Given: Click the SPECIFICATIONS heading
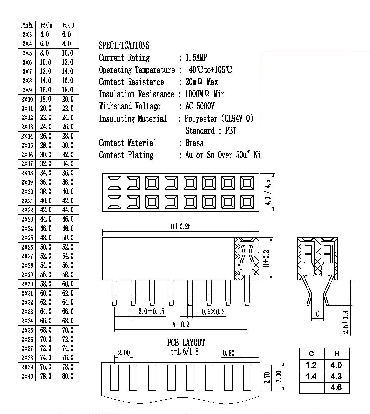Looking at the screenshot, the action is pos(124,45).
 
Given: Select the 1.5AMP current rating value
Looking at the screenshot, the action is pos(196,58).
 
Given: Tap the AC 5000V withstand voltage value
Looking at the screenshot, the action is pos(200,106).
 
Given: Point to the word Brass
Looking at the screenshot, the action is pos(194,143).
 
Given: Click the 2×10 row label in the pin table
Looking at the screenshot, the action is pos(27,99).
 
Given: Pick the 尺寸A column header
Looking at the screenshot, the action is pos(46,25).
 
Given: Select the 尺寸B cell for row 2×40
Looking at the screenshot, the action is pos(68,376).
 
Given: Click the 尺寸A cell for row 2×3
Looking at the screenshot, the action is pos(45,34).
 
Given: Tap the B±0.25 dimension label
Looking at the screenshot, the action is pos(181,227).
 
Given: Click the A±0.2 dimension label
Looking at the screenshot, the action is pos(181,325).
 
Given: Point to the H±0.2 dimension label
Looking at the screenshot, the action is pos(266,258).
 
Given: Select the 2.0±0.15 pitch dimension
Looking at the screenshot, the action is pos(151,311).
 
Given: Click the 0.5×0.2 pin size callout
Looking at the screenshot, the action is pos(213,312).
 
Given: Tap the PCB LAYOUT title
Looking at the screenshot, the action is pos(186,343).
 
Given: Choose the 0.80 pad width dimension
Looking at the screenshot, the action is pos(229,353).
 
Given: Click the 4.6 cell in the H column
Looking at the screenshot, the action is pos(336,388).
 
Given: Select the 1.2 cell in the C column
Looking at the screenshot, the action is pos(311,365).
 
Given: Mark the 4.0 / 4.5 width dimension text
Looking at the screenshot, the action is pos(268,192).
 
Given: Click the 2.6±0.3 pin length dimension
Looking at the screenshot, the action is pos(345,322).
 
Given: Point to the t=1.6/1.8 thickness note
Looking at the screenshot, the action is pos(185,352).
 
